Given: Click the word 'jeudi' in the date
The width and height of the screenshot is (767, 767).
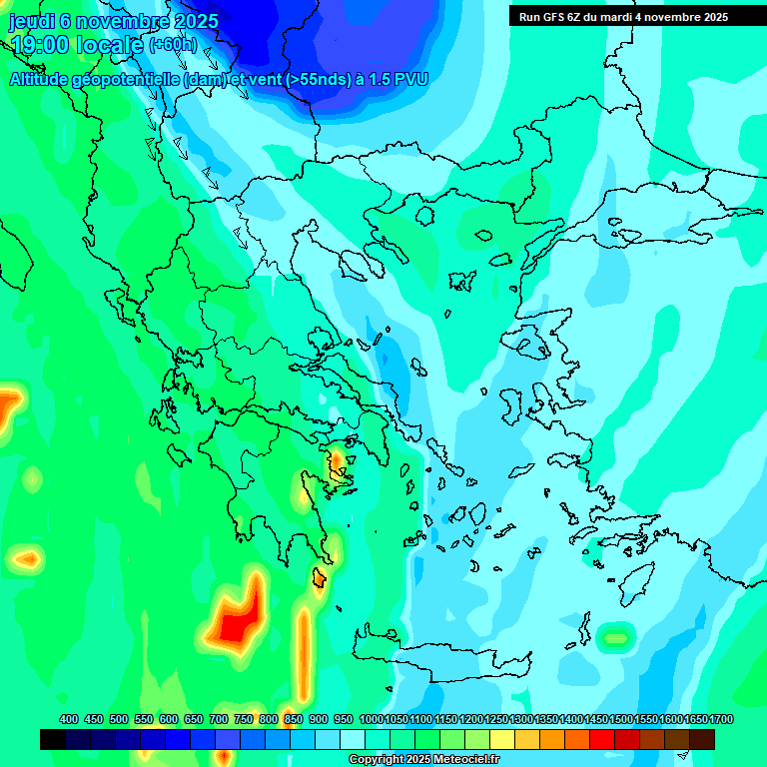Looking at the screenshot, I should pos(32,21).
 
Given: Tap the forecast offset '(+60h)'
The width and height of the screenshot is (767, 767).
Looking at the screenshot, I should pos(173,45).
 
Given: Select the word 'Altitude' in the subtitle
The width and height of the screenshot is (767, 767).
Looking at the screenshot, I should pos(44,79).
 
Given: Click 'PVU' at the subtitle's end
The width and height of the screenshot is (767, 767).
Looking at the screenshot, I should pos(411,79).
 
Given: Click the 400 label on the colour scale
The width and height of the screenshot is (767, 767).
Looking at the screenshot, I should pos(69,719).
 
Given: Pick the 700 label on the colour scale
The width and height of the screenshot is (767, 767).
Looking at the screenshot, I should pos(219,719).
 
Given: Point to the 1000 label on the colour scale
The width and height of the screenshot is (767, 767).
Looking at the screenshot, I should pos(371,719).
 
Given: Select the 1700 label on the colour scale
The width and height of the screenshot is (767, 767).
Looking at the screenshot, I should pos(720,719).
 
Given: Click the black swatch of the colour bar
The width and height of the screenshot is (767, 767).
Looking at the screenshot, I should pos(53,739).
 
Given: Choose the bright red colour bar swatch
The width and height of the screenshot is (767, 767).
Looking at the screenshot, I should pos(602,739).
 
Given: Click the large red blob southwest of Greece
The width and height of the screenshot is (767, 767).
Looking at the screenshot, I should pos(238,625).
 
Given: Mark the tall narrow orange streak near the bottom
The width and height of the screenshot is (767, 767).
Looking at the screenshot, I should pos(303,654).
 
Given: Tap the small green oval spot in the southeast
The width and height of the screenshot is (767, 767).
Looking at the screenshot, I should pos(615,635).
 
